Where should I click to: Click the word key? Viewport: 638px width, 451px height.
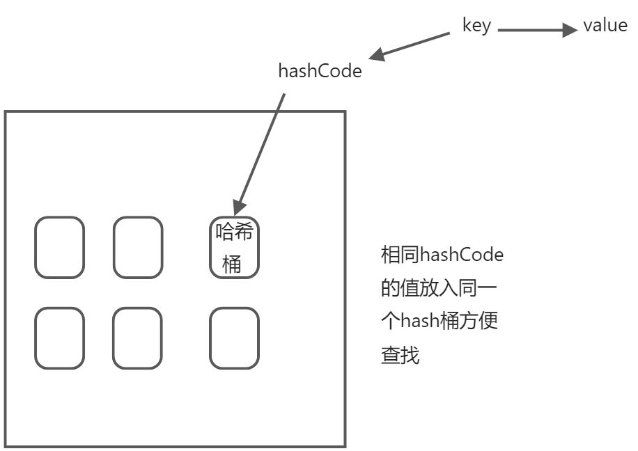click(476, 26)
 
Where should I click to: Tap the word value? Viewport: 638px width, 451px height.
click(605, 26)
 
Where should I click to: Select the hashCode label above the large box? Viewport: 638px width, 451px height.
click(320, 71)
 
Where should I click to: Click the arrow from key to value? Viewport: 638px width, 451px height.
click(536, 30)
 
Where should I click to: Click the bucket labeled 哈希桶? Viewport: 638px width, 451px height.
click(234, 247)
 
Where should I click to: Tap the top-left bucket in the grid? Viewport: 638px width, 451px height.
click(60, 247)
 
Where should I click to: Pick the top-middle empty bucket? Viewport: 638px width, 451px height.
click(138, 247)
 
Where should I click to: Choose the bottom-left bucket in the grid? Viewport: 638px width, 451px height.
click(60, 338)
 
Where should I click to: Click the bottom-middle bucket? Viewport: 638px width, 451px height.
click(138, 338)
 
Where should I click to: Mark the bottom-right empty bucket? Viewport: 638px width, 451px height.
click(234, 338)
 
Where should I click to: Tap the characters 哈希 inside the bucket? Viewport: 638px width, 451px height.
click(234, 232)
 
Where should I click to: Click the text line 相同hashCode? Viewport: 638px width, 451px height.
click(442, 255)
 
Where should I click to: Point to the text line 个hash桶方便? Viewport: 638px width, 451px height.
click(439, 322)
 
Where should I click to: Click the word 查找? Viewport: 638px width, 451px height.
click(400, 355)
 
